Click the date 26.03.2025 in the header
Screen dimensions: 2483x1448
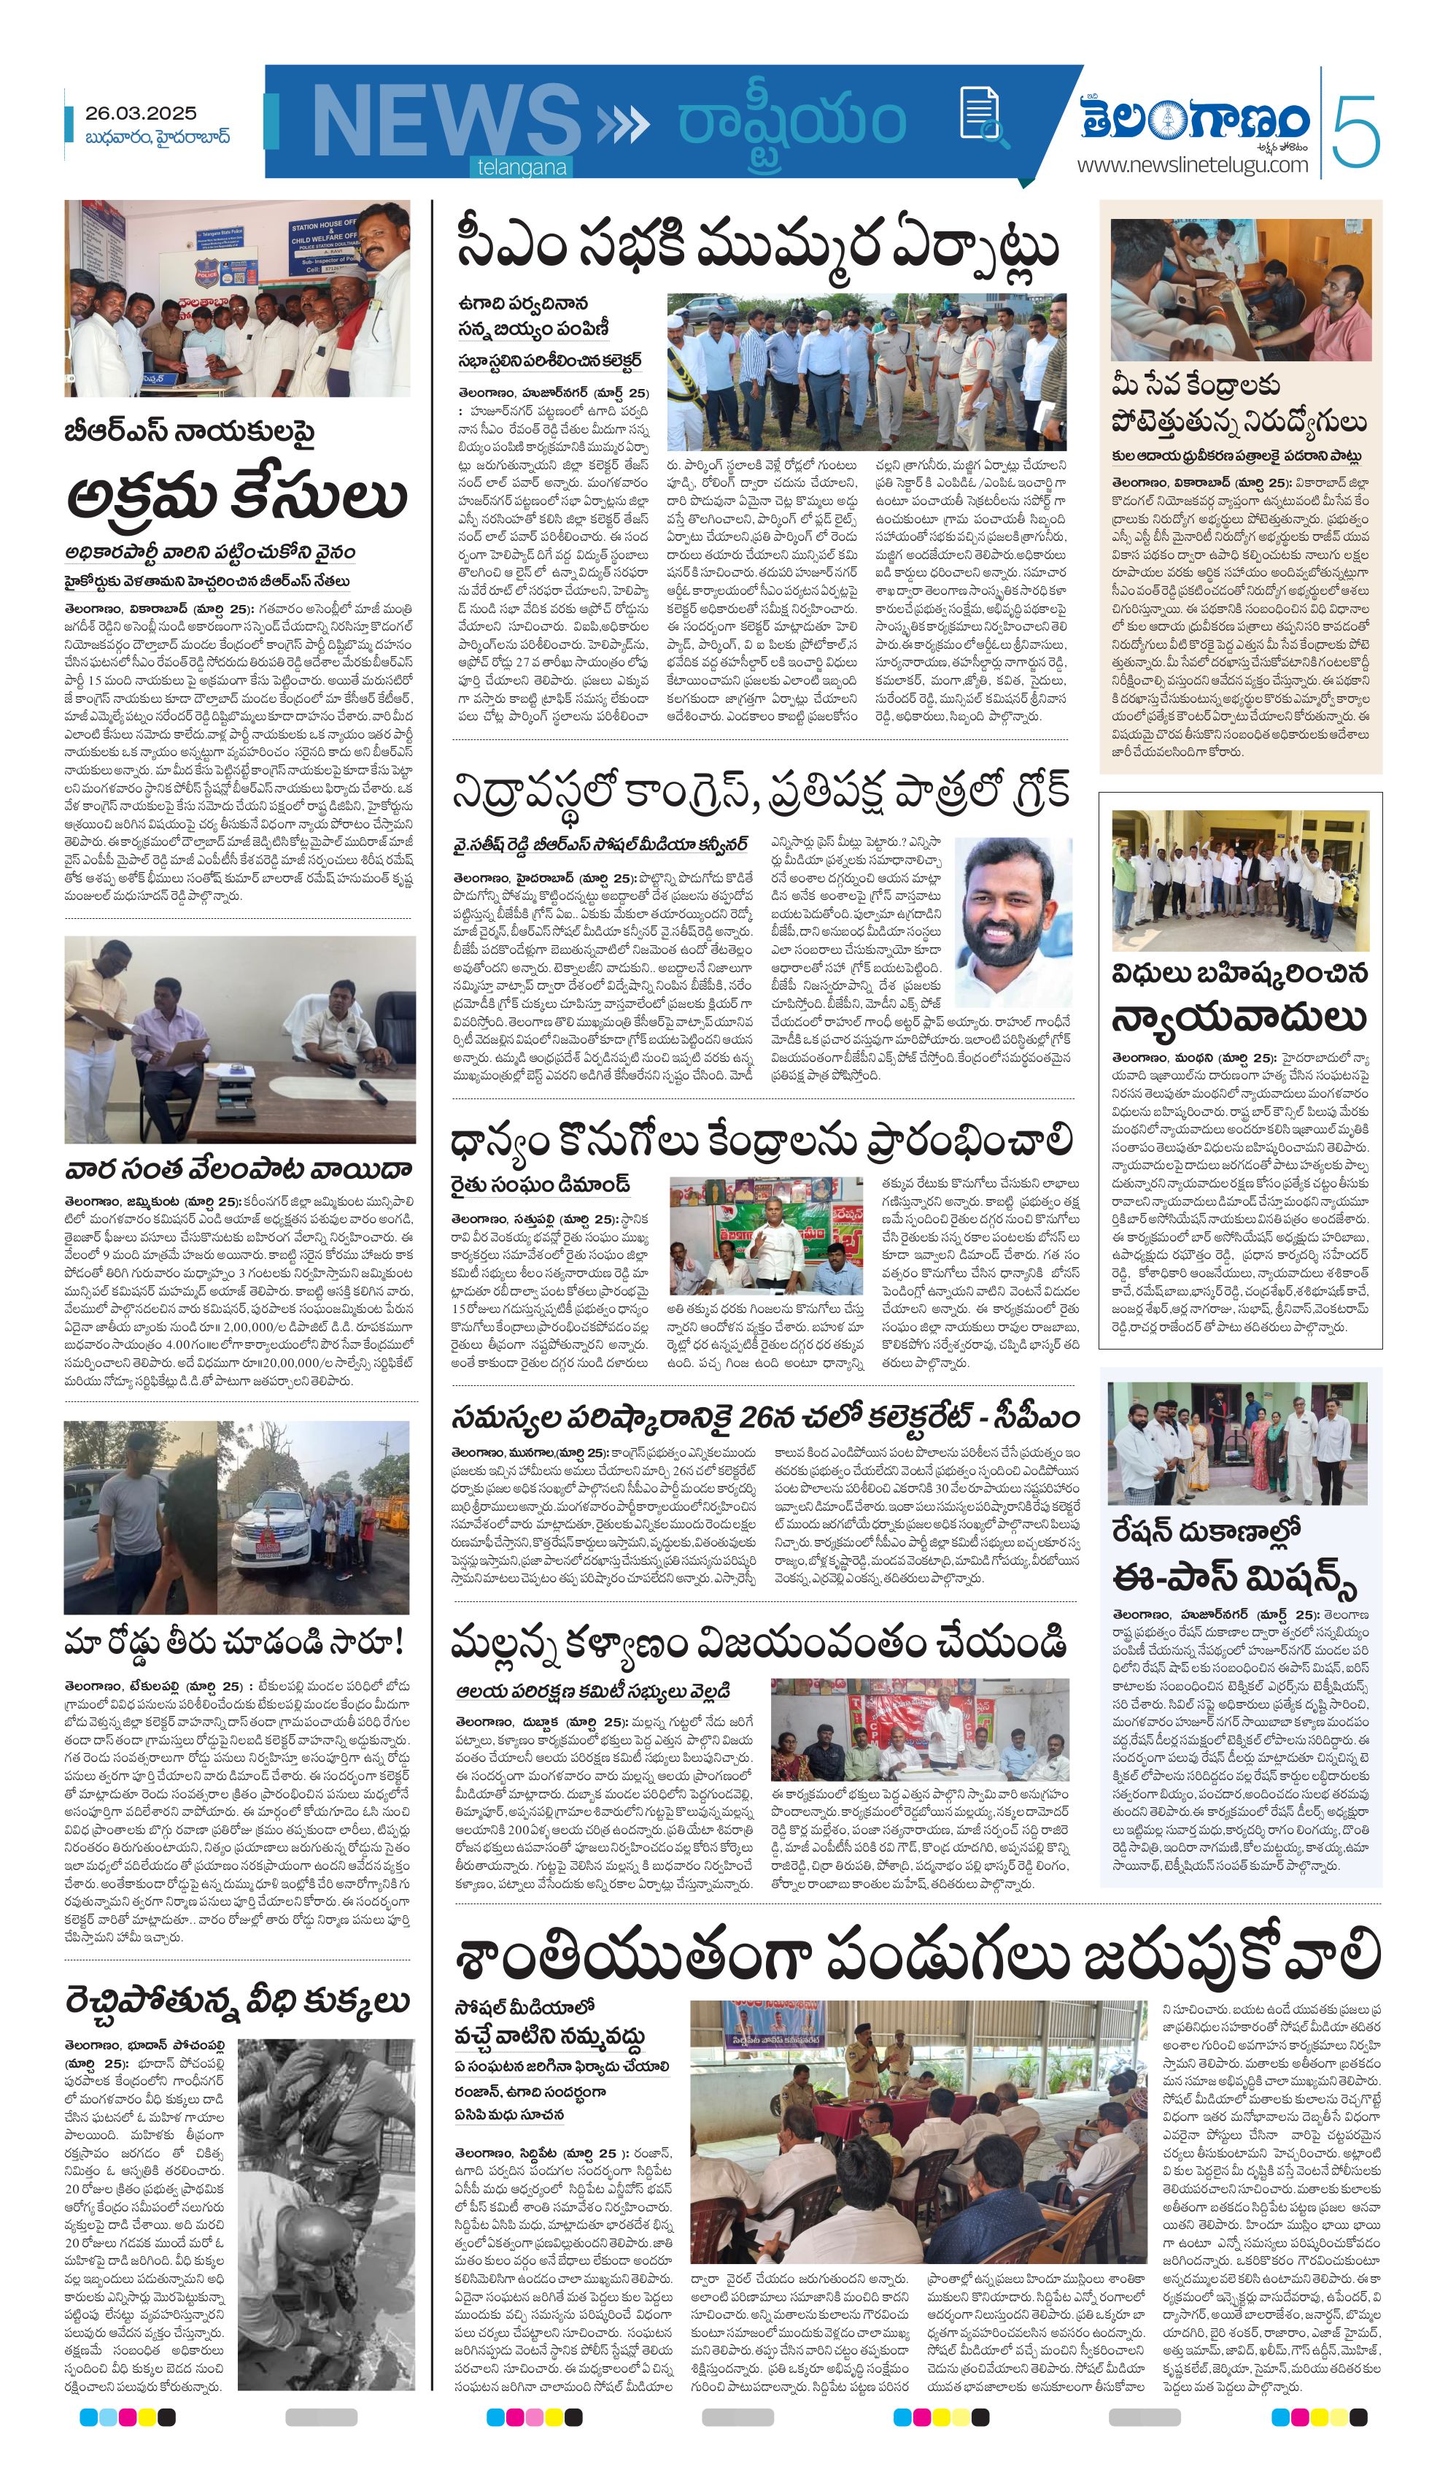pos(140,113)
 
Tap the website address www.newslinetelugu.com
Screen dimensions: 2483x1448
pos(1192,164)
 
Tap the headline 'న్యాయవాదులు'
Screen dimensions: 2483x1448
pos(1239,1016)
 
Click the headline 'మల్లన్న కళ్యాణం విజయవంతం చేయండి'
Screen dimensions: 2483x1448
pos(759,1642)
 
